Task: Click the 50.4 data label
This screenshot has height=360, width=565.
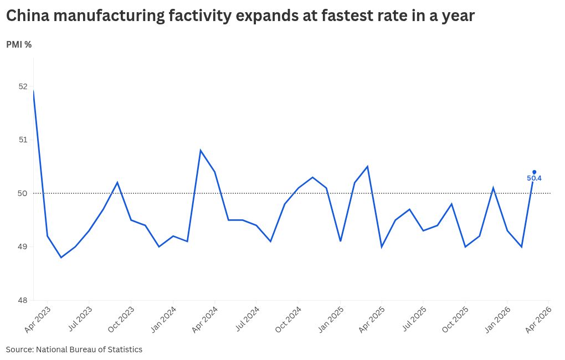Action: tap(534, 178)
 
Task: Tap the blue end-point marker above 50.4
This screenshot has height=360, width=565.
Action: tap(535, 172)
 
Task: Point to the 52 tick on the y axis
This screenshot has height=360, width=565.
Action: tap(23, 86)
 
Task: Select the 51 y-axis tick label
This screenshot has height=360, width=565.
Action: tap(23, 140)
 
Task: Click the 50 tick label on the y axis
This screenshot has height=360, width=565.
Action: tap(23, 193)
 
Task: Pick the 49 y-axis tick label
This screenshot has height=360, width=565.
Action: tap(23, 247)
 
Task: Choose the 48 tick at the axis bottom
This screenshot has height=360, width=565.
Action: tap(23, 300)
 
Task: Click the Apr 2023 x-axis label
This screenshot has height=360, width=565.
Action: tap(38, 320)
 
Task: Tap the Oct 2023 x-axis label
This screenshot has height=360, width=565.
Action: tap(121, 320)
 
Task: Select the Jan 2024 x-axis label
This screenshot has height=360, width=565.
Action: tap(163, 320)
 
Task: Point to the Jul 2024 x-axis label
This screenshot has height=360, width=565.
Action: tap(247, 319)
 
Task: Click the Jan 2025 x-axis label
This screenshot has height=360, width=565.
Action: tap(331, 320)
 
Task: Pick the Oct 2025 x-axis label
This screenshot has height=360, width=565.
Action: tap(455, 320)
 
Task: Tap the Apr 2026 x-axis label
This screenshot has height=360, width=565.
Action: tap(539, 320)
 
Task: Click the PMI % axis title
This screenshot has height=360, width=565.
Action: tap(19, 45)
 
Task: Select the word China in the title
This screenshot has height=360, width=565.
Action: tap(28, 16)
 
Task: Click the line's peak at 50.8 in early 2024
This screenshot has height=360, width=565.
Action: tap(201, 150)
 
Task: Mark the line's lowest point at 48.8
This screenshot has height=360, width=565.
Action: tap(61, 258)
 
